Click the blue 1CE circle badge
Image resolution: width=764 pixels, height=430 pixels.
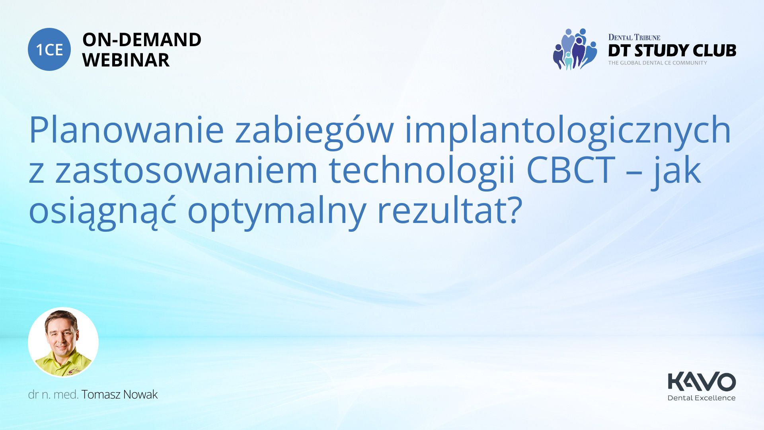point(49,49)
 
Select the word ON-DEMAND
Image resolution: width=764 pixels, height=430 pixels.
point(142,40)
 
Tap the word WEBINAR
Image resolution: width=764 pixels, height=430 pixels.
point(126,60)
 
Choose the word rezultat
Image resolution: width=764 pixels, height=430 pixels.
point(443,210)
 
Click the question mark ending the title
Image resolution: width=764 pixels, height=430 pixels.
point(515,210)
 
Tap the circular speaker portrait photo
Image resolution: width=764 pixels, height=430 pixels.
point(63,342)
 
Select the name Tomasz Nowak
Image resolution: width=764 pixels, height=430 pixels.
point(119,395)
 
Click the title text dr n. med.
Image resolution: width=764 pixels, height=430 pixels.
point(53,395)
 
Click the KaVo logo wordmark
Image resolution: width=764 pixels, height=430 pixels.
point(702,382)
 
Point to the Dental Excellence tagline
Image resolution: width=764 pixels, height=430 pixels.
point(702,398)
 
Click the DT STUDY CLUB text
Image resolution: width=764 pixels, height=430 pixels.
point(672,51)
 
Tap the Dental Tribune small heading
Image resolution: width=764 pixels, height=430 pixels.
point(634,37)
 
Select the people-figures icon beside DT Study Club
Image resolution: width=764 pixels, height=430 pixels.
point(575,49)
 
